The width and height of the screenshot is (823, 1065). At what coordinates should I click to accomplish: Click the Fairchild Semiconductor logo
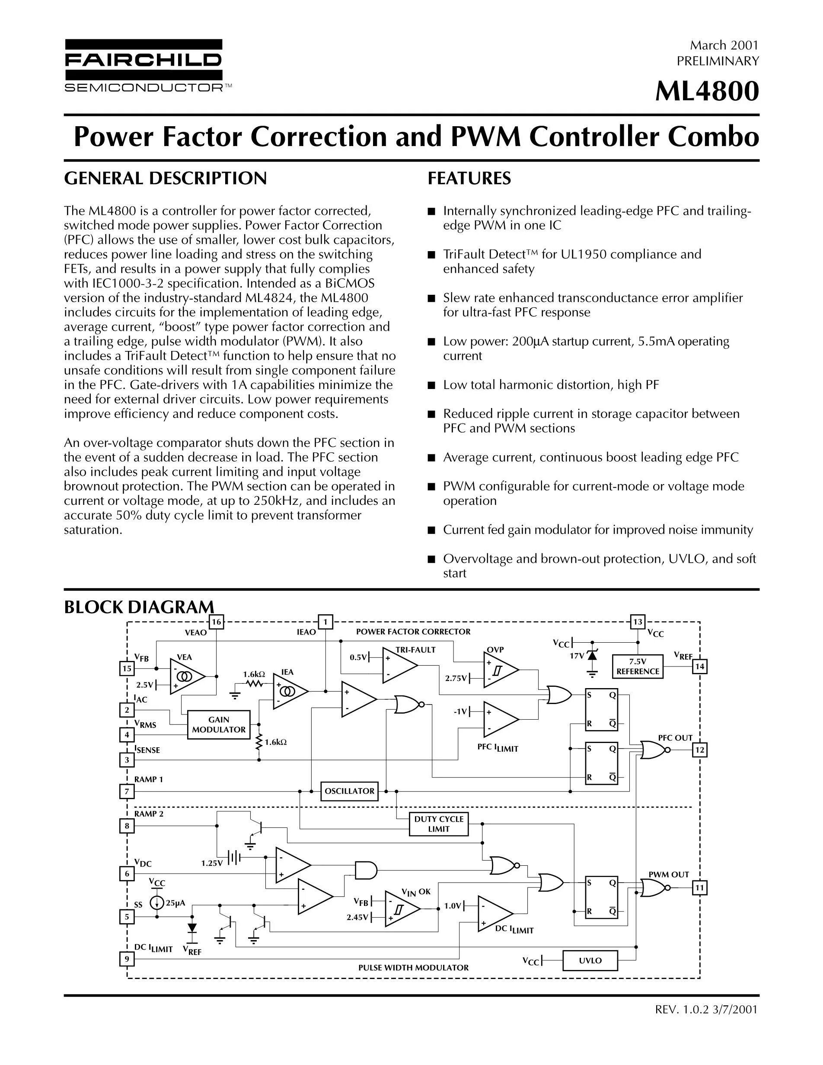(x=144, y=65)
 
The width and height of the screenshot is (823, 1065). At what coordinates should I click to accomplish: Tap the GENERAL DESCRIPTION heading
(x=165, y=179)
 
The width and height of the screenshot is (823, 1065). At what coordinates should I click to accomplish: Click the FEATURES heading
(x=469, y=179)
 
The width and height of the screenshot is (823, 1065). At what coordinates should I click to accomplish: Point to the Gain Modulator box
(x=219, y=725)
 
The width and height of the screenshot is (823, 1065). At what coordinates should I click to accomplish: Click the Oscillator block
(x=350, y=791)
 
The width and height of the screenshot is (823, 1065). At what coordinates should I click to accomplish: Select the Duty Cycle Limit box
(x=439, y=824)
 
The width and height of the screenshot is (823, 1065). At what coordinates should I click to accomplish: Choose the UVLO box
(x=590, y=960)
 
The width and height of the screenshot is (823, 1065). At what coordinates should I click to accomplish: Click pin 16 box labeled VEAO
(x=216, y=622)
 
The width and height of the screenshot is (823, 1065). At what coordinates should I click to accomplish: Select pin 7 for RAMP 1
(x=127, y=791)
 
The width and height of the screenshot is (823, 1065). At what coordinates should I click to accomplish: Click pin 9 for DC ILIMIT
(x=127, y=959)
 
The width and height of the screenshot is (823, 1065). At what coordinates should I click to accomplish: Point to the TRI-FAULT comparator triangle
(x=398, y=666)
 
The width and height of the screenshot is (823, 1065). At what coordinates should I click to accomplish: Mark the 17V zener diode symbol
(x=592, y=656)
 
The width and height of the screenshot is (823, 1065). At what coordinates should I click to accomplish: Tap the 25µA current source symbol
(x=157, y=903)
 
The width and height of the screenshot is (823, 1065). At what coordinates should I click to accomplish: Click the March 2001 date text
(x=724, y=45)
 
